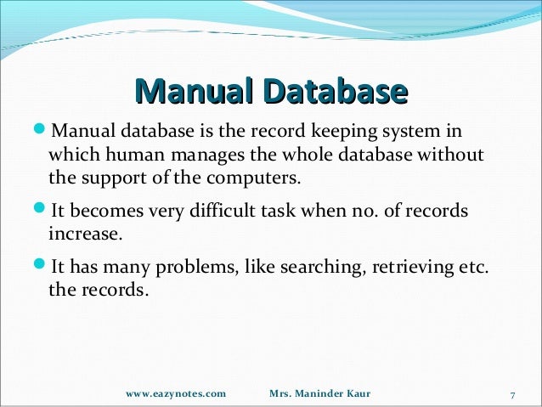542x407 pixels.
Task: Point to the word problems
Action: (194, 269)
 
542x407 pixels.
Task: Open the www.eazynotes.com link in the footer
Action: (176, 394)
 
